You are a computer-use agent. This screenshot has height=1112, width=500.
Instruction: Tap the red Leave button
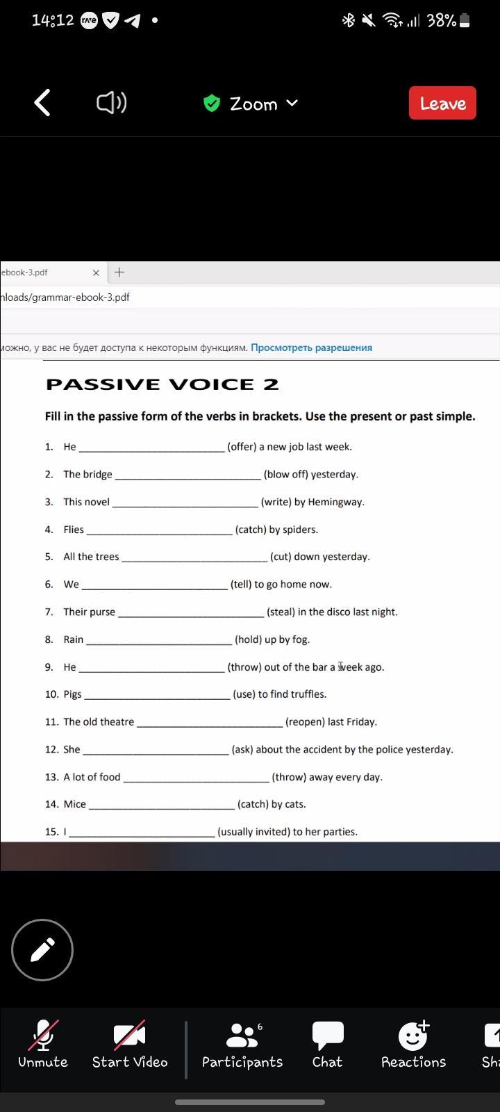click(442, 103)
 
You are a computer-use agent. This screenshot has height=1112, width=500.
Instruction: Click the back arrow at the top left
click(42, 103)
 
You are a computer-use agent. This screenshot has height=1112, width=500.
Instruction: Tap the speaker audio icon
click(111, 103)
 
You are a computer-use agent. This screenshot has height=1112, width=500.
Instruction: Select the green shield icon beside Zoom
click(212, 104)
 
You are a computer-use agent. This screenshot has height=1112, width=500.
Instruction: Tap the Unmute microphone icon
click(43, 1036)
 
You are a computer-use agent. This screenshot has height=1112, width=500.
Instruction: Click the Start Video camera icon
click(130, 1036)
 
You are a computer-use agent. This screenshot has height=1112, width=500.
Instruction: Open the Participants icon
click(242, 1036)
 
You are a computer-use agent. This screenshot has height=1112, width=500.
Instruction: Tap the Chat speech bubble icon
click(327, 1036)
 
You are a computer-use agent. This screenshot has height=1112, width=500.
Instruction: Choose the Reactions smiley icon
click(413, 1036)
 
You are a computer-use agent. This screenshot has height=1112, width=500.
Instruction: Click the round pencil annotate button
click(42, 950)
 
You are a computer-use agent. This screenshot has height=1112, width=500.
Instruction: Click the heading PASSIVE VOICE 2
click(162, 384)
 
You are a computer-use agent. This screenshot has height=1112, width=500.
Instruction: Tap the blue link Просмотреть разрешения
click(311, 347)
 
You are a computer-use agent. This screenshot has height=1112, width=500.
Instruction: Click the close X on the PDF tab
click(96, 272)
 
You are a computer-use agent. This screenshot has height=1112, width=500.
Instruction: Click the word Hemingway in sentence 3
click(336, 502)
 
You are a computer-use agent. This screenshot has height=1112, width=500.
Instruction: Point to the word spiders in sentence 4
click(300, 530)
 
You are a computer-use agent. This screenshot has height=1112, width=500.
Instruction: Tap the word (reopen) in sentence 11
click(303, 722)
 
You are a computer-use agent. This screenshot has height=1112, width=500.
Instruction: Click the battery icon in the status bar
click(465, 21)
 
